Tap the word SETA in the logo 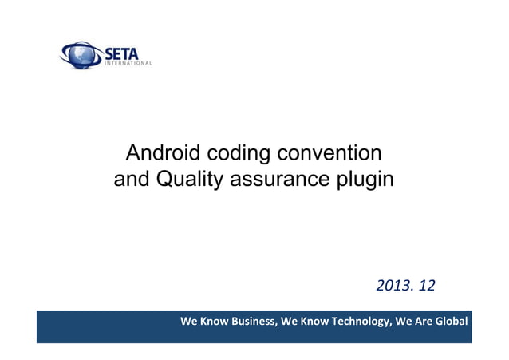[x=119, y=52]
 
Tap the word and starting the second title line [x=131, y=179]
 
